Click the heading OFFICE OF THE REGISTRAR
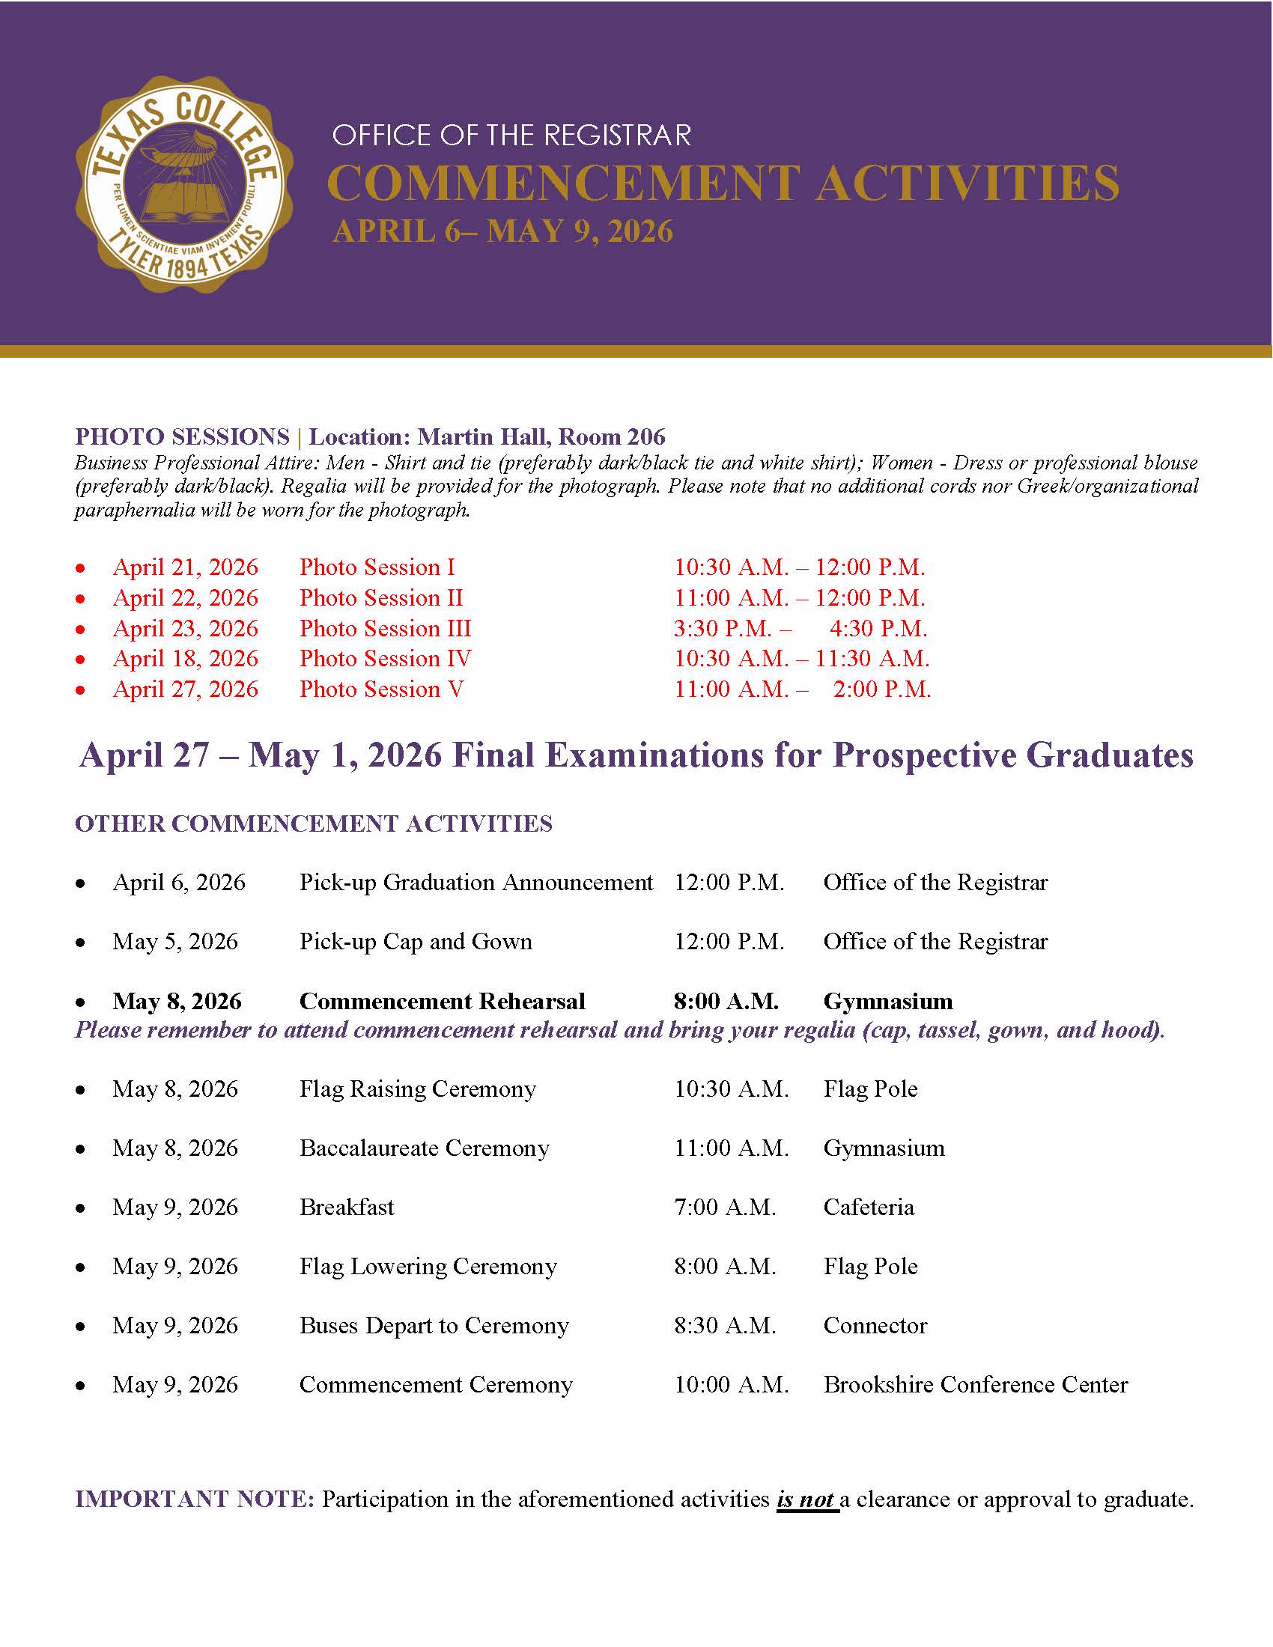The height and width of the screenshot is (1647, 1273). click(x=511, y=136)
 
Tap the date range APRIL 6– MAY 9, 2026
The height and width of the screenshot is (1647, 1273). click(x=502, y=231)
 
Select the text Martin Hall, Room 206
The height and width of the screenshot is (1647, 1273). click(x=541, y=436)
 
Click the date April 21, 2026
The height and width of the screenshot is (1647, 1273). click(x=186, y=567)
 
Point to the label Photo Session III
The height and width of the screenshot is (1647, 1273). click(x=385, y=628)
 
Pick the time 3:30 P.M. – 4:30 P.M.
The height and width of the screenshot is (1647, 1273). click(x=800, y=628)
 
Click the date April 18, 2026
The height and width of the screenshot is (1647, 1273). click(x=186, y=658)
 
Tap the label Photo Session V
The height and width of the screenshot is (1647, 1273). click(x=381, y=689)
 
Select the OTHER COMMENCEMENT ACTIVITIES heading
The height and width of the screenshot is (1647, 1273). click(x=314, y=823)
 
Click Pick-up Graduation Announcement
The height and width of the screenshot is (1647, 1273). click(x=476, y=883)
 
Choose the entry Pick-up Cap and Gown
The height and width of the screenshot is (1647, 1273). click(x=416, y=942)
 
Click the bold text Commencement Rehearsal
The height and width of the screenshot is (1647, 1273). click(x=442, y=1002)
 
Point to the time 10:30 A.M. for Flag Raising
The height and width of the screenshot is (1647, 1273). click(x=731, y=1090)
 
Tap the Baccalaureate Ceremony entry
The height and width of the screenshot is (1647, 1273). click(x=424, y=1148)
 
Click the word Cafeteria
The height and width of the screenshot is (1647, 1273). click(x=868, y=1208)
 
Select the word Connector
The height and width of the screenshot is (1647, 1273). click(x=875, y=1326)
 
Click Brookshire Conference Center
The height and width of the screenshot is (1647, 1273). click(x=975, y=1385)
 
